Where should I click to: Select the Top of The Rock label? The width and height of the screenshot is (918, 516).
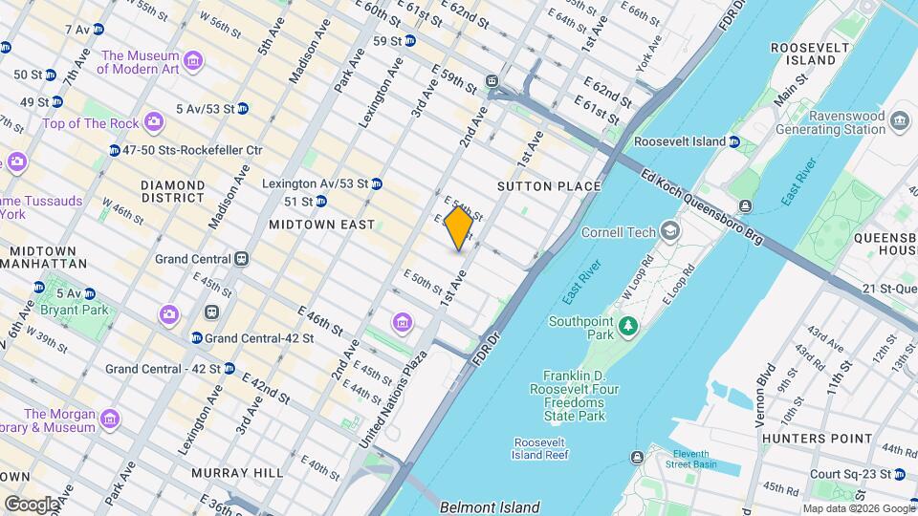pyautogui.click(x=90, y=123)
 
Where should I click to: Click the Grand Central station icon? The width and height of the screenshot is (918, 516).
pyautogui.click(x=242, y=259)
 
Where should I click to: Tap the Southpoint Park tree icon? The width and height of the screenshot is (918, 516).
pyautogui.click(x=627, y=328)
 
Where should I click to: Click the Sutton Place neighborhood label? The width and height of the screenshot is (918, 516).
pyautogui.click(x=550, y=186)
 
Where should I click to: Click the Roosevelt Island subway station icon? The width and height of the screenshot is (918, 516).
pyautogui.click(x=734, y=142)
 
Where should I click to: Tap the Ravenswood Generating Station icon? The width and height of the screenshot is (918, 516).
pyautogui.click(x=899, y=121)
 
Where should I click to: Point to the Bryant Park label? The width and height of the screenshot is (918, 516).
pyautogui.click(x=73, y=310)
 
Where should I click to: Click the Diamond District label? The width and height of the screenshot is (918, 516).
pyautogui.click(x=172, y=191)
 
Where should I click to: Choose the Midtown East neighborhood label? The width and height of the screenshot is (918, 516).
pyautogui.click(x=321, y=225)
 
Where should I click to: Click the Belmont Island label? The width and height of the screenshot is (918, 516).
pyautogui.click(x=490, y=507)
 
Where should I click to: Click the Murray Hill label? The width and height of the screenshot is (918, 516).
pyautogui.click(x=237, y=473)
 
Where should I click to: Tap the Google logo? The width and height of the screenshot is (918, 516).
pyautogui.click(x=32, y=504)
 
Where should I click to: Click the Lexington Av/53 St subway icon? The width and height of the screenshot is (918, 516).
pyautogui.click(x=377, y=183)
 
